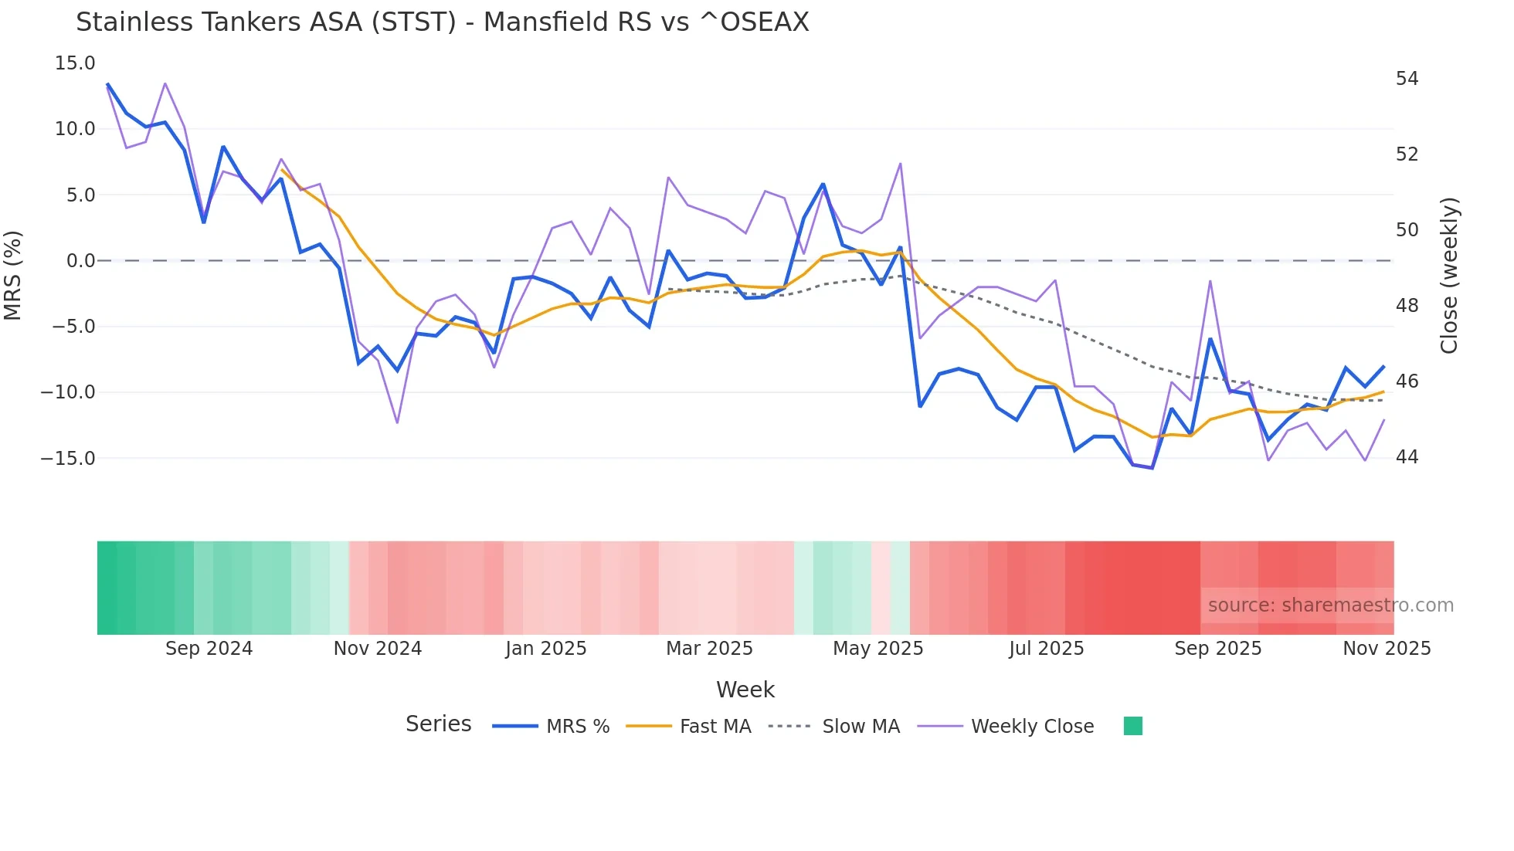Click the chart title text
coord(442,22)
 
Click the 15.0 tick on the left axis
coord(74,63)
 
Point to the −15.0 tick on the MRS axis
coord(68,459)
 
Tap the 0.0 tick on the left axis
coord(80,261)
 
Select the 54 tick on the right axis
coord(1407,79)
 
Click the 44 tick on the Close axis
coord(1407,457)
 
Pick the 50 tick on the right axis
coord(1407,230)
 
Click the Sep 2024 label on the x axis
coord(209,649)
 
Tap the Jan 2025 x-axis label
coord(545,649)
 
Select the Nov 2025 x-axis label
coord(1386,649)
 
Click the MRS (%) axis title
coord(13,275)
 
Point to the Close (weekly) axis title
coord(1449,275)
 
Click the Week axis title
coord(745,690)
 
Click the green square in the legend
coord(1132,726)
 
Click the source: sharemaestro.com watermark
coord(1330,605)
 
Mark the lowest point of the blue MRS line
coord(1152,468)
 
